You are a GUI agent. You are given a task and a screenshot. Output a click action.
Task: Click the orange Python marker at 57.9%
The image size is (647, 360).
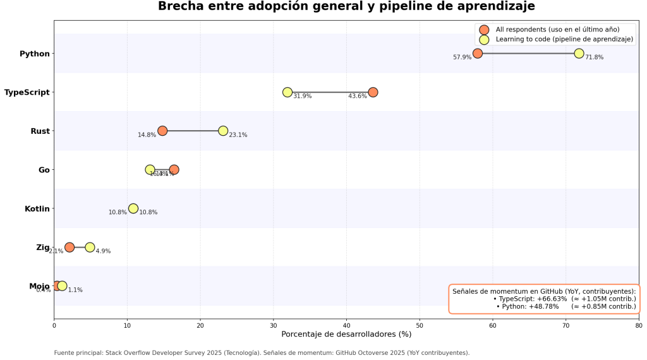478,54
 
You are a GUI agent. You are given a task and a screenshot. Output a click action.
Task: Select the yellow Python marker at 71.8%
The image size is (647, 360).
579,54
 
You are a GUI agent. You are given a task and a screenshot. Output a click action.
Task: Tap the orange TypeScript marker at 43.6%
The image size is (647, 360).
373,92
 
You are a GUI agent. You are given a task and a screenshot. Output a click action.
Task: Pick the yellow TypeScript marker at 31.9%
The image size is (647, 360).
287,92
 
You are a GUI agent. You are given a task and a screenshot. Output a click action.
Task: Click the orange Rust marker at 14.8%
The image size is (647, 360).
162,131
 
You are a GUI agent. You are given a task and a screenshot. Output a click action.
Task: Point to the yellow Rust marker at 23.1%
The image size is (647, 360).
223,131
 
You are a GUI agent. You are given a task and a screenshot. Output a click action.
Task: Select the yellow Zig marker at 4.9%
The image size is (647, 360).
90,247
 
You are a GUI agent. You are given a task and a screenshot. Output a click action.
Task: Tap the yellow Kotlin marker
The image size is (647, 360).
133,208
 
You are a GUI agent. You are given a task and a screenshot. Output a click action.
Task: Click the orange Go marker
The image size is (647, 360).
174,170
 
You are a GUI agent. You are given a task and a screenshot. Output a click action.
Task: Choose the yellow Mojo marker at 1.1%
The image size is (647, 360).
62,286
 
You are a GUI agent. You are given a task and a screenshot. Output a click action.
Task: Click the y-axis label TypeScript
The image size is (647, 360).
27,92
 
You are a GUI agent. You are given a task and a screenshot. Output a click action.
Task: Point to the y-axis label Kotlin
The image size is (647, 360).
37,208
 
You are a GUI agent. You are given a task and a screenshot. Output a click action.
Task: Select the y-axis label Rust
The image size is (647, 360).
40,131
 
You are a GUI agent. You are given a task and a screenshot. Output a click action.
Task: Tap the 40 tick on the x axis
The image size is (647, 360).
346,326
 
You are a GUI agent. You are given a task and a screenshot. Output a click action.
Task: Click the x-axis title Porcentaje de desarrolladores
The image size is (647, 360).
346,334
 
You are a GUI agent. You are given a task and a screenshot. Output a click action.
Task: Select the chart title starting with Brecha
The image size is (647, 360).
346,7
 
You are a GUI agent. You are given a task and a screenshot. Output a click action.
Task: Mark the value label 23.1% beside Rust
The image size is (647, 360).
238,135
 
